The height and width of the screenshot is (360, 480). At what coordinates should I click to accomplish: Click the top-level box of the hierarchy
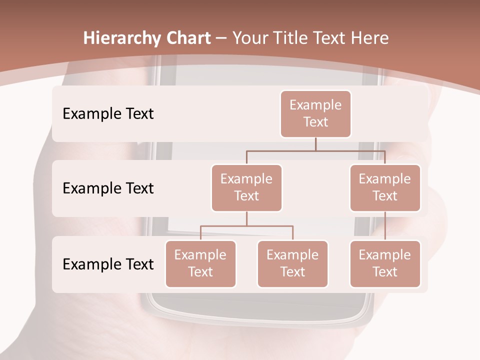click(x=315, y=114)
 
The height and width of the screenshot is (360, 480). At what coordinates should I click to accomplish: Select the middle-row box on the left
click(x=246, y=187)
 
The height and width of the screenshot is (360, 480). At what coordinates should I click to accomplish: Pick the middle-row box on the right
click(x=385, y=187)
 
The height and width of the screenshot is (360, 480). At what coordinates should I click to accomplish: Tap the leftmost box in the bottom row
click(x=200, y=263)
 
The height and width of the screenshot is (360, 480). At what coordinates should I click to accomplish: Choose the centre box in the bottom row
click(x=292, y=263)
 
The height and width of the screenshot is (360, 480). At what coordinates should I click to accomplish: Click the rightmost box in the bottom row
click(x=385, y=263)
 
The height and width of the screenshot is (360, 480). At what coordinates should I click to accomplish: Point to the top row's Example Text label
click(x=108, y=114)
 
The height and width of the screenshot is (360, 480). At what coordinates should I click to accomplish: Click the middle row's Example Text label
click(x=108, y=188)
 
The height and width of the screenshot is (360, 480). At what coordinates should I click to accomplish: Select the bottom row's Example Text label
click(x=108, y=264)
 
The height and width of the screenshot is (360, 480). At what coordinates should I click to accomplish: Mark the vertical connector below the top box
click(x=315, y=144)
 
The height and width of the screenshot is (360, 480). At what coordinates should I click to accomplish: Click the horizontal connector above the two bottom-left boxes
click(x=246, y=226)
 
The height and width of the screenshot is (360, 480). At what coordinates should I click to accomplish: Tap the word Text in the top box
click(x=315, y=122)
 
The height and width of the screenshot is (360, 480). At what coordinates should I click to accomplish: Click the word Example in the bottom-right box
click(x=385, y=255)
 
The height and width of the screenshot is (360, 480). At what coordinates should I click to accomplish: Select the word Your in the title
click(x=248, y=38)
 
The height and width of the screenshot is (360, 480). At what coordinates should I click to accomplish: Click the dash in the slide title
click(x=221, y=38)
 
